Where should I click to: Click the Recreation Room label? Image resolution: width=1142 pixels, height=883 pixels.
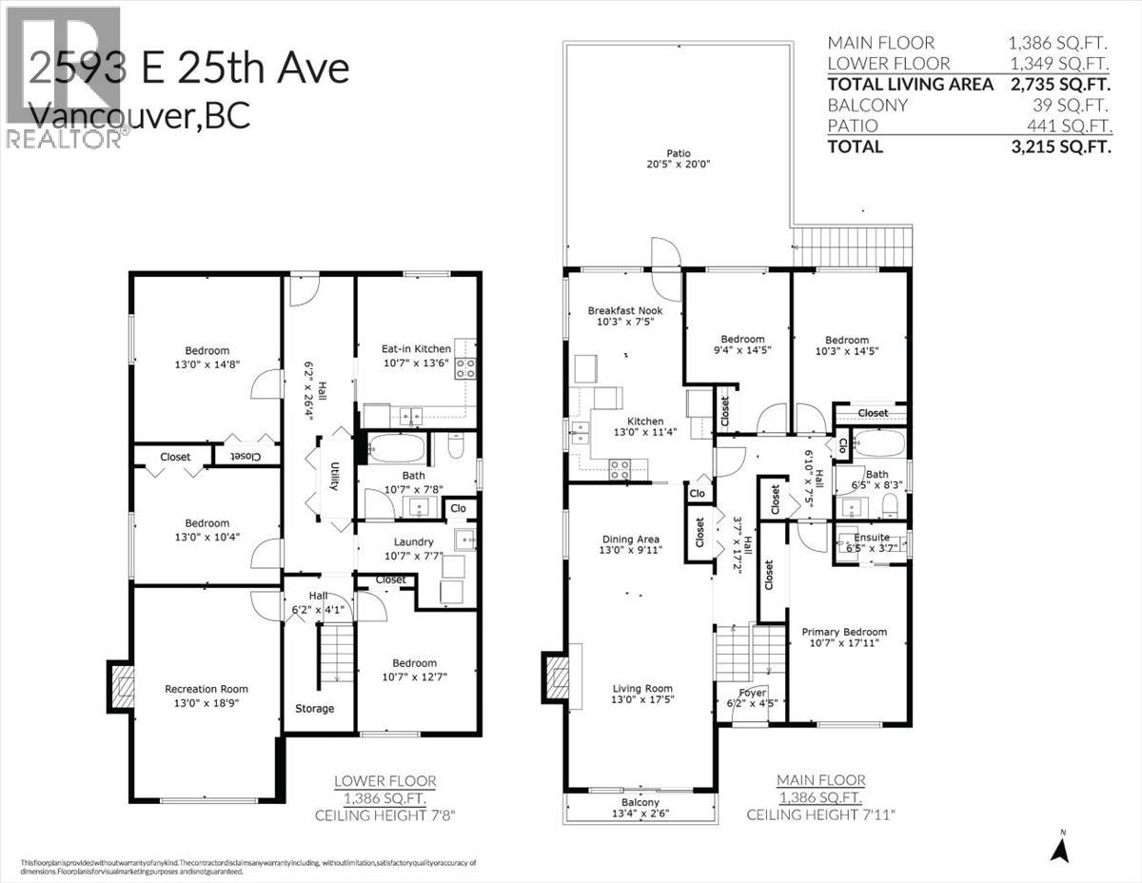207,689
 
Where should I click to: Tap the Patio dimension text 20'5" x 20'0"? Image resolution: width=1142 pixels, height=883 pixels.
678,165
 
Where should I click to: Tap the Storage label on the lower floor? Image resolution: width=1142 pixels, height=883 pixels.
314,708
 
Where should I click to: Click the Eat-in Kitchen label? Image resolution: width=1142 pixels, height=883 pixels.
416,348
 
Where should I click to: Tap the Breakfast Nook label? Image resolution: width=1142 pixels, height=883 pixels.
624,310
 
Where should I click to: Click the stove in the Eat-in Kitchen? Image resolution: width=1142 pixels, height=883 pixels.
465,367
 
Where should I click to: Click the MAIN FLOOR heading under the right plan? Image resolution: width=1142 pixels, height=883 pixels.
819,780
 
